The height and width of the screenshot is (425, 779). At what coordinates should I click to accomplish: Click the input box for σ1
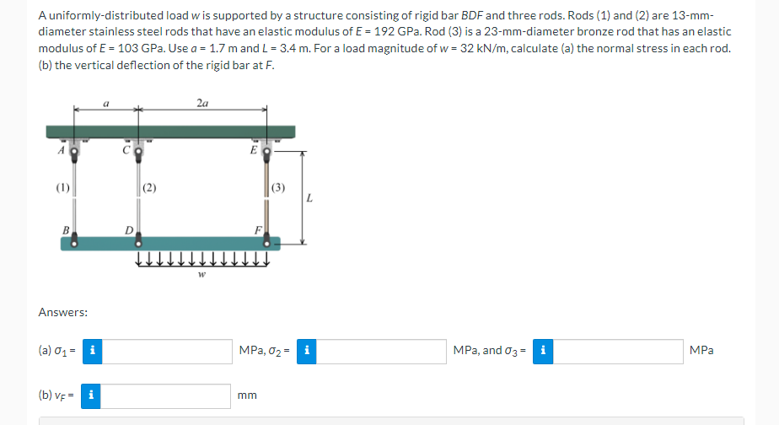(x=166, y=351)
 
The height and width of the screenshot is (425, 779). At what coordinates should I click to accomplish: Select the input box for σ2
(x=382, y=351)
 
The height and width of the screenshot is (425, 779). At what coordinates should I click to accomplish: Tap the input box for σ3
(x=619, y=351)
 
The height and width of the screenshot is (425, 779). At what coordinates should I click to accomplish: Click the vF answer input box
(x=166, y=395)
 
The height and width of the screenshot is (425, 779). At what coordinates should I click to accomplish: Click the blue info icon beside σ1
(x=92, y=351)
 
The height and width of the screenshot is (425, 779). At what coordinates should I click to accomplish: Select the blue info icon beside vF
(x=92, y=395)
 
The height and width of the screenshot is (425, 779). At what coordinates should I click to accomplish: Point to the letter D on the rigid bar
(x=128, y=229)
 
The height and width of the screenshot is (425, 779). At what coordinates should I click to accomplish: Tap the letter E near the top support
(x=253, y=150)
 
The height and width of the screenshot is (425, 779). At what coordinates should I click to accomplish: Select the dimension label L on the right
(x=311, y=199)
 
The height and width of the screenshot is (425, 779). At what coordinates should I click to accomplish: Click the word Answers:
(x=63, y=313)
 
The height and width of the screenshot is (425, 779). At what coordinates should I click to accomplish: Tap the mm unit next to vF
(x=247, y=395)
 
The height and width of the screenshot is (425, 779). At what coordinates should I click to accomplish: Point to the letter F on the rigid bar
(x=257, y=229)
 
